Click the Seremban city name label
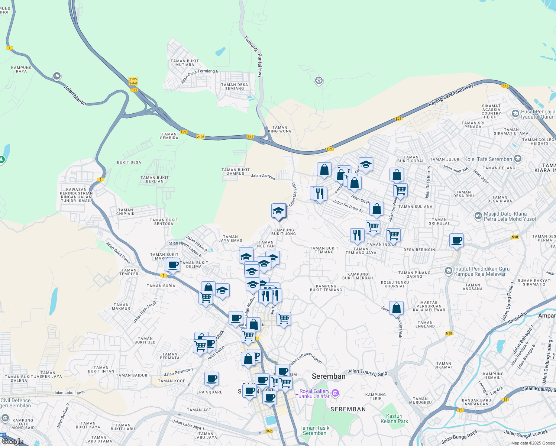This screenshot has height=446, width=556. (329, 376)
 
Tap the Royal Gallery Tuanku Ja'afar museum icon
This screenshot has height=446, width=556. (335, 393)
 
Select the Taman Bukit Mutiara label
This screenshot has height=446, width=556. (185, 63)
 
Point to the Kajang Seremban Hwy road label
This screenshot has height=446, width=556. (451, 95)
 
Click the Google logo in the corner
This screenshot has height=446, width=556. (12, 441)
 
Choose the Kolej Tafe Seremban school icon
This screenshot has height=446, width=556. (518, 159)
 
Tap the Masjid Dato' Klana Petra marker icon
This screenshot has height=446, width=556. (478, 216)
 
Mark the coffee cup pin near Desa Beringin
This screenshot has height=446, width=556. (456, 240)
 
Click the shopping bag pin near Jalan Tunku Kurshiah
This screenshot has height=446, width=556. (396, 308)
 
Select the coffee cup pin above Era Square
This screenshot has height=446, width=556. (211, 379)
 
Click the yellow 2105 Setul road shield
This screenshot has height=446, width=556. (133, 81)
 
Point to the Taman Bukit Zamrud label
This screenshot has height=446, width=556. (236, 172)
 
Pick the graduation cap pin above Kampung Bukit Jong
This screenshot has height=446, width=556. (278, 211)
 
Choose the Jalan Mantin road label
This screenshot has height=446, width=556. (75, 96)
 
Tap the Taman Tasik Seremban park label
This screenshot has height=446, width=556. (314, 430)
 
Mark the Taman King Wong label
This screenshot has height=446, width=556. (279, 129)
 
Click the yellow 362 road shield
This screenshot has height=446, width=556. (269, 431)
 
